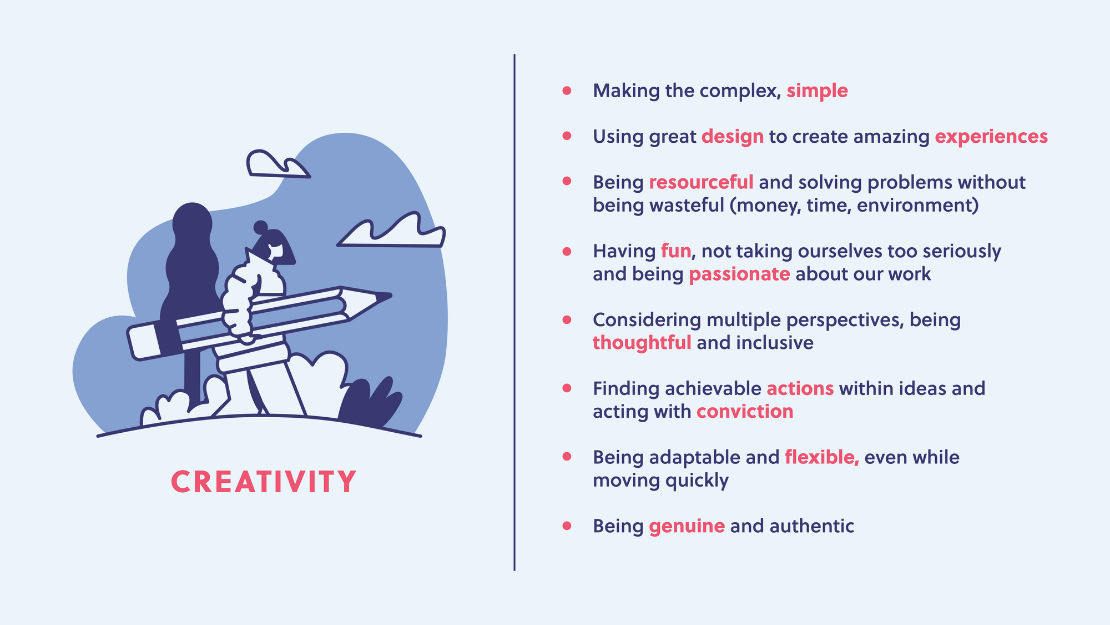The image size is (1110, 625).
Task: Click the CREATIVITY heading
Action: click(264, 482)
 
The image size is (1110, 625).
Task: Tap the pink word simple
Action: click(817, 91)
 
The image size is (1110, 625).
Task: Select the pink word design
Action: click(733, 137)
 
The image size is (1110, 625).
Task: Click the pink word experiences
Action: click(991, 137)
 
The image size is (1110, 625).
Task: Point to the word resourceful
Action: click(701, 182)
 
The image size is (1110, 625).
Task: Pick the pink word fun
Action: click(676, 251)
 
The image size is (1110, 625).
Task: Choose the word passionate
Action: click(739, 274)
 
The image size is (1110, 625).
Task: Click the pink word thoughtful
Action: click(642, 343)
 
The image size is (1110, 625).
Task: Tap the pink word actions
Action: click(800, 388)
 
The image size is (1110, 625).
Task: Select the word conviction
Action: click(745, 412)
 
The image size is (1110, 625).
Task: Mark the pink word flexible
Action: click(822, 457)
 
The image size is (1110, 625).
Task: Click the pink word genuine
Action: click(687, 526)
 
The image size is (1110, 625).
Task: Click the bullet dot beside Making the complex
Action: click(567, 90)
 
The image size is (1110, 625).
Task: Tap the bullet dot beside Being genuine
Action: click(567, 525)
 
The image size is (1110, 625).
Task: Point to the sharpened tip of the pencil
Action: click(389, 296)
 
